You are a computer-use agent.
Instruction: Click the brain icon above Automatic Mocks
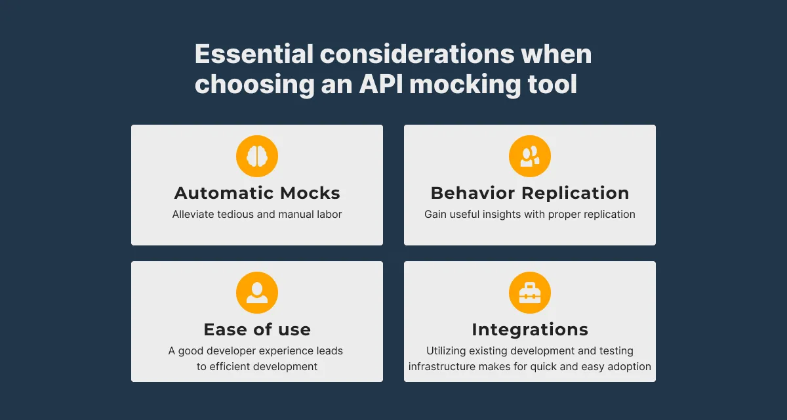[x=257, y=156]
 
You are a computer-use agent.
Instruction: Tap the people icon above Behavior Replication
[x=530, y=156]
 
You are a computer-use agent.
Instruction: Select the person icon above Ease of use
[x=257, y=293]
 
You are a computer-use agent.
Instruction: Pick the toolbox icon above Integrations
[x=530, y=293]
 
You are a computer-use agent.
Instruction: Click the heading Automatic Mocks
[x=257, y=193]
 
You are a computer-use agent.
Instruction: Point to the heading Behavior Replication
[x=530, y=193]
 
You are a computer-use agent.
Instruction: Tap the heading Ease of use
[x=257, y=329]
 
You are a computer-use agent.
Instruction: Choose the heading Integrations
[x=530, y=329]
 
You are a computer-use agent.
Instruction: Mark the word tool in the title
[x=552, y=85]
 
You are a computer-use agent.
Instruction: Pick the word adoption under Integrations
[x=628, y=366]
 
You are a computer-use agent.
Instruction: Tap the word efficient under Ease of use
[x=231, y=366]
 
